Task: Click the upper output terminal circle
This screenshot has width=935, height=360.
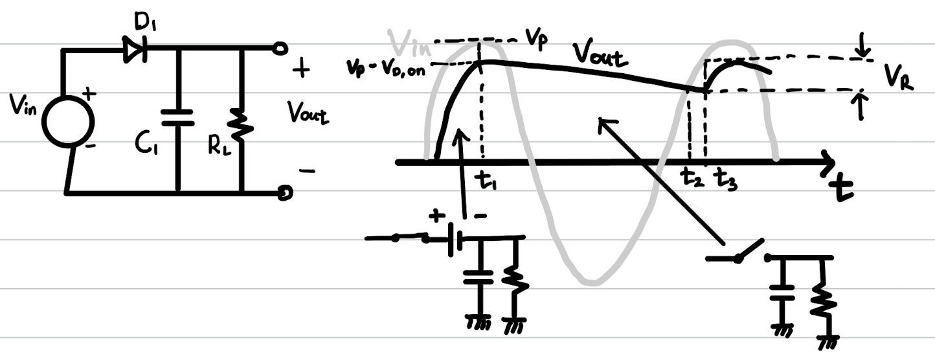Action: pos(280,47)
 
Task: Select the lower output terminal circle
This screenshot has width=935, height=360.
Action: pos(284,192)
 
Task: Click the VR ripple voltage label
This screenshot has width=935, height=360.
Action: pos(898,82)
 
